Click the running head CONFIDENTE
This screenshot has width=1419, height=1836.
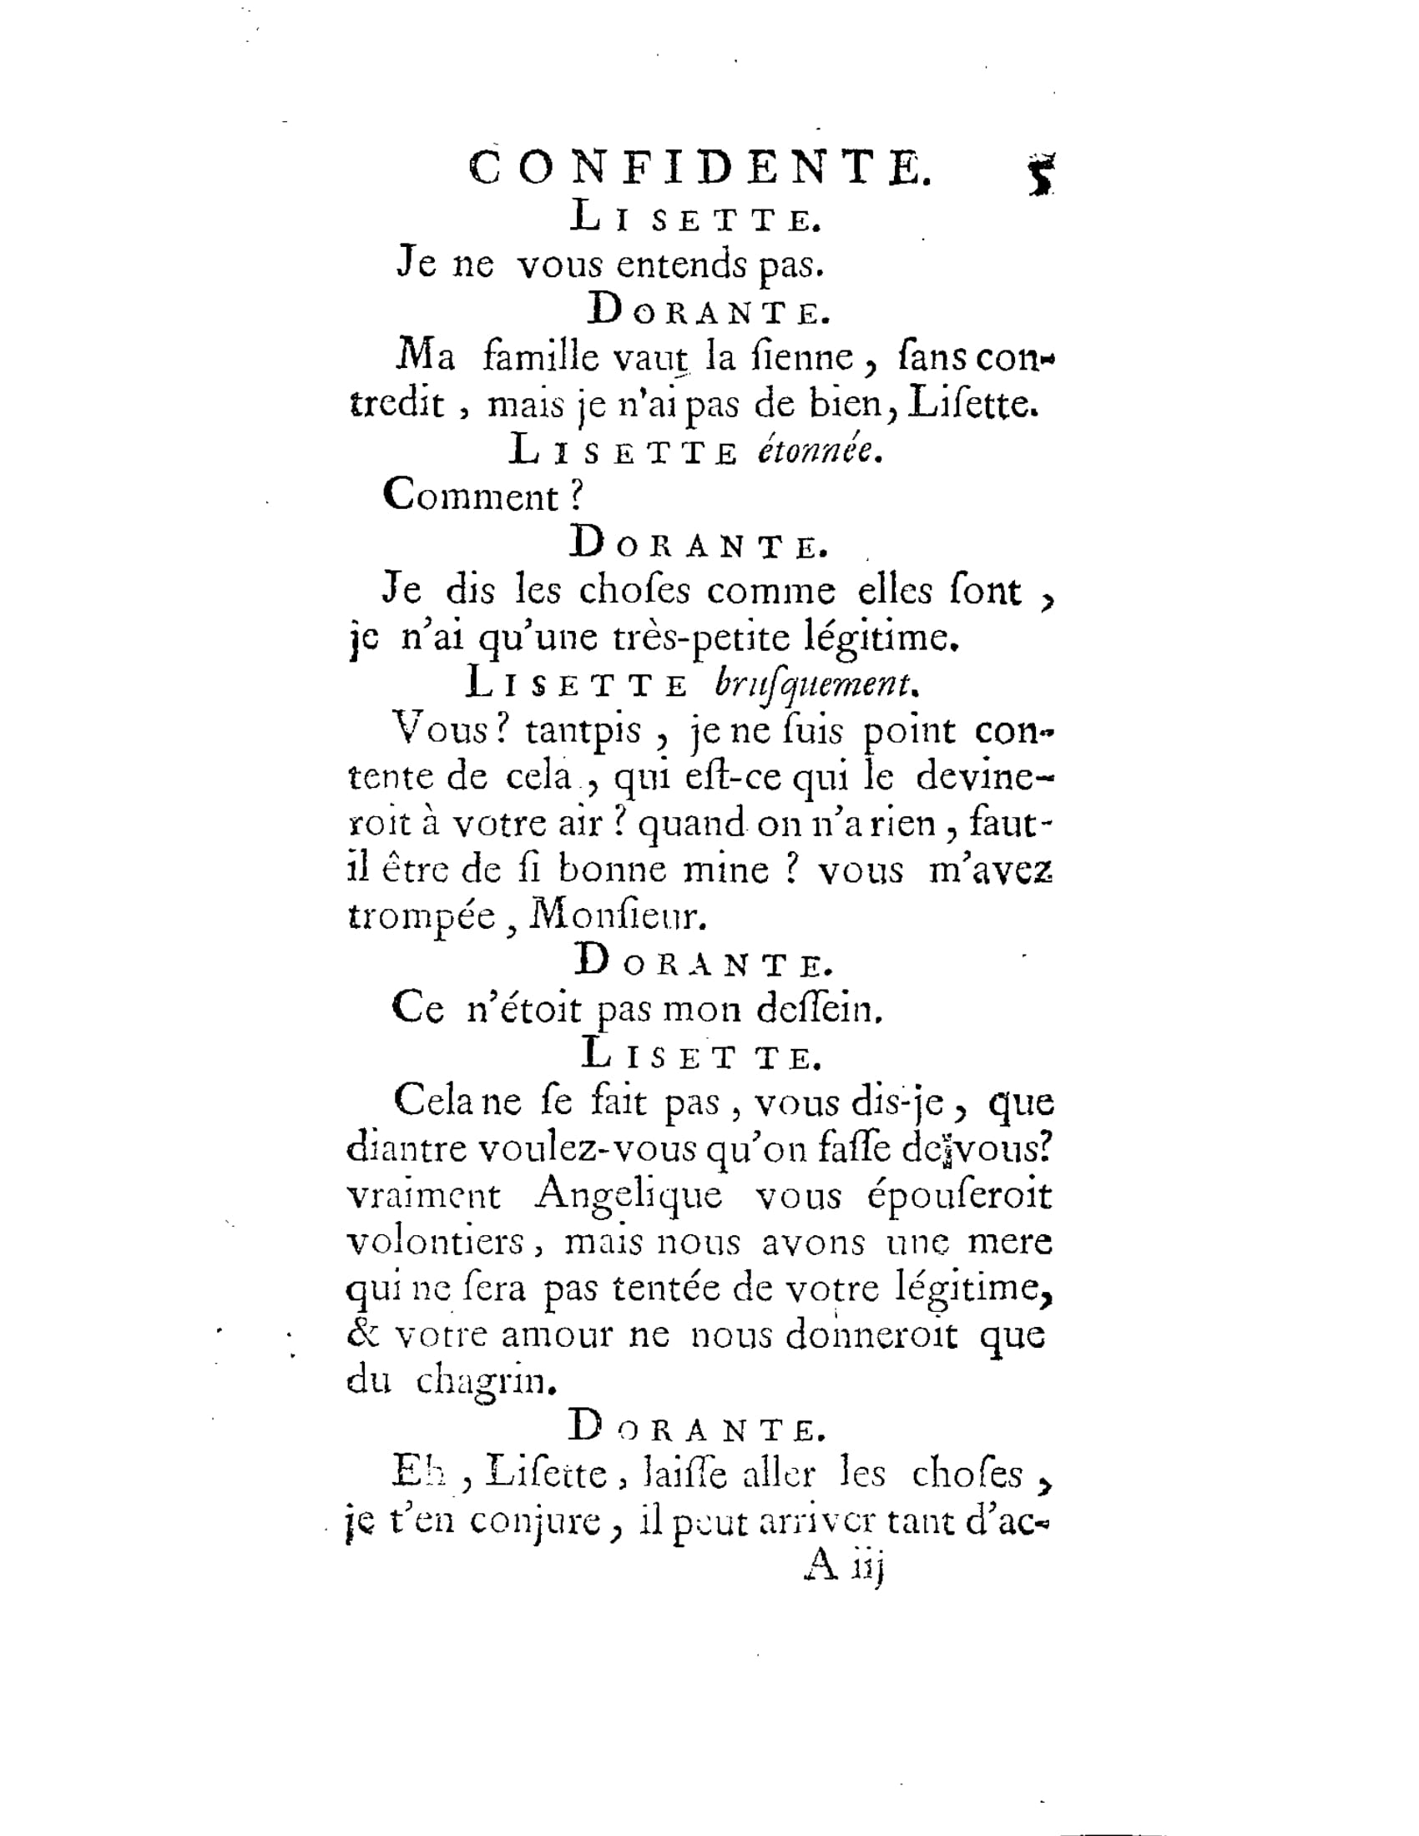(699, 168)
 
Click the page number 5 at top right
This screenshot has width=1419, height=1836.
(1042, 175)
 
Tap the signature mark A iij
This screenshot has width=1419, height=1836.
(841, 1566)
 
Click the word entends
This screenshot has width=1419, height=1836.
(682, 265)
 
